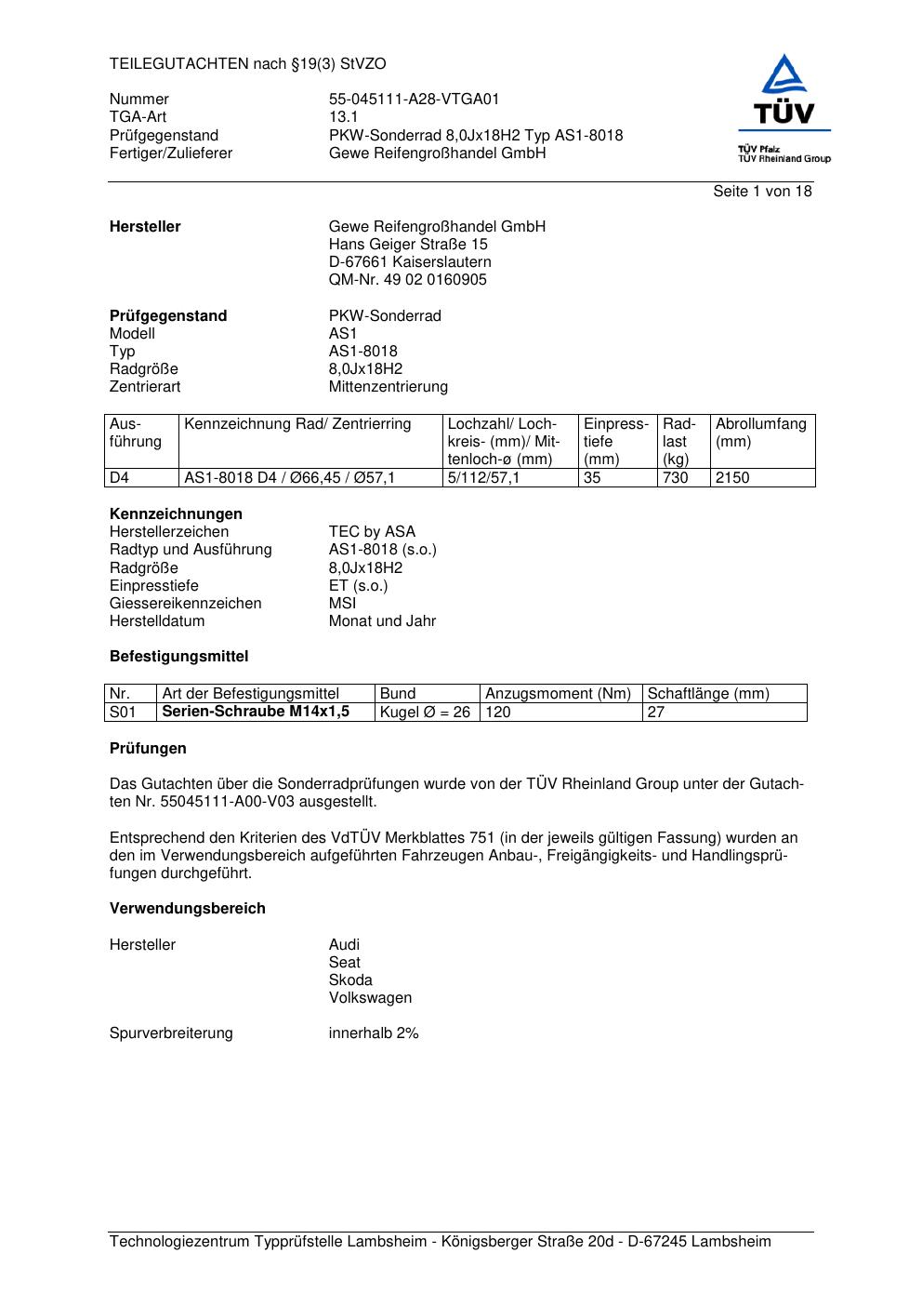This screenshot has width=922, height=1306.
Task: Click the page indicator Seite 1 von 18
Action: coord(762,192)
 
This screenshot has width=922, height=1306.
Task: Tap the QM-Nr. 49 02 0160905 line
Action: coord(407,280)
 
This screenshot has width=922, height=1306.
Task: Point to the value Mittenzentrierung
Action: coord(388,387)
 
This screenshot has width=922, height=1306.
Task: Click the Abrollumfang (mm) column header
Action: coord(760,433)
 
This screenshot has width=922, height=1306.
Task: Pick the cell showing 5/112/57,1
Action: coord(483,478)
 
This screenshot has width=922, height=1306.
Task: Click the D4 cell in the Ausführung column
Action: coord(119,478)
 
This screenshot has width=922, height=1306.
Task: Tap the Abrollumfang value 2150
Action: coord(731,478)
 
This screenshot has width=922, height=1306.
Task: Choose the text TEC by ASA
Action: coord(372,532)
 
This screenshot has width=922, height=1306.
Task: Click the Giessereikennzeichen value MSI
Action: coord(342,604)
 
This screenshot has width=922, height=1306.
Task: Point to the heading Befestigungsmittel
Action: coord(178,657)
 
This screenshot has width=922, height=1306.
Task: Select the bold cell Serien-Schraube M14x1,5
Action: coord(256,712)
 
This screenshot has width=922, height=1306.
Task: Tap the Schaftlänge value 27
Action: coord(656,713)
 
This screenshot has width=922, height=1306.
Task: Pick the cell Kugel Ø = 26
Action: coord(425,713)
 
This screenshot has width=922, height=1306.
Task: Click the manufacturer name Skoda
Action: coord(350,980)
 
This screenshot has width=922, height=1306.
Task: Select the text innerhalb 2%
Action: coord(374,1033)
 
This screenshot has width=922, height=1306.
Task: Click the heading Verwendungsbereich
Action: coord(187,909)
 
